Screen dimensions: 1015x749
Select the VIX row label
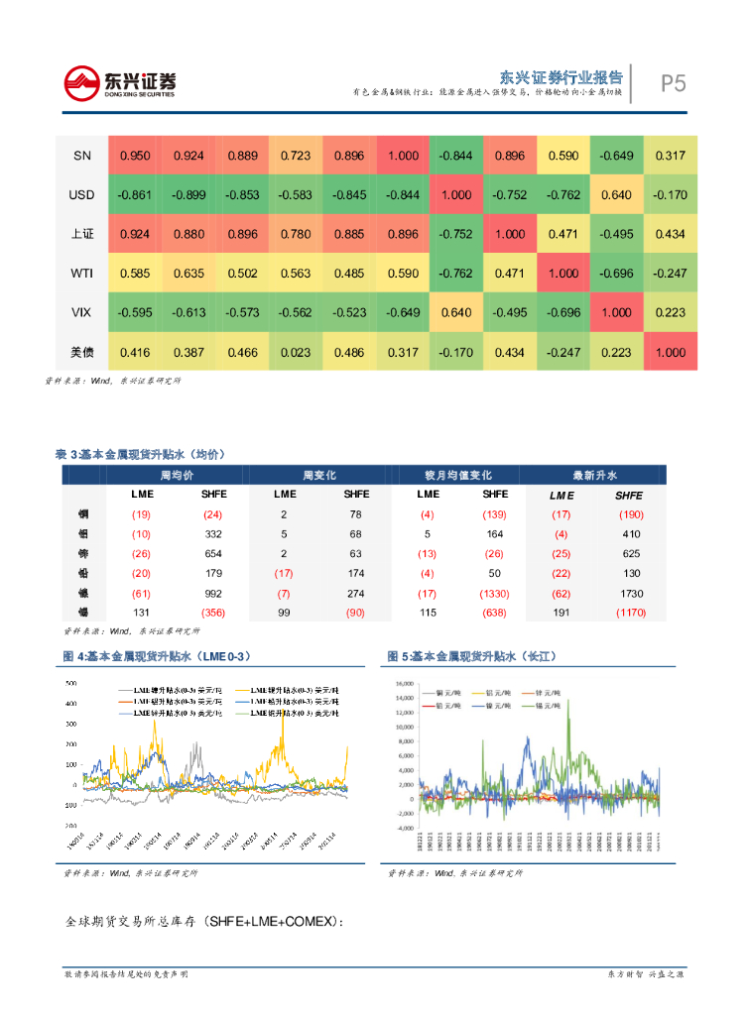[81, 312]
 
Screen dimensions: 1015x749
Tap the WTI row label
[81, 273]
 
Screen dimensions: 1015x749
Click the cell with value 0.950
[135, 156]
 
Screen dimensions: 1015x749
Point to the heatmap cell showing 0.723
[296, 156]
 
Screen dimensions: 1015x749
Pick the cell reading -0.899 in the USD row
[188, 195]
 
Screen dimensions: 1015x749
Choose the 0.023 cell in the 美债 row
[296, 352]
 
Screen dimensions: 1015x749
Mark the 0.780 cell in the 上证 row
[296, 234]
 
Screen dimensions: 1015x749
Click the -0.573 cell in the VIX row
[242, 312]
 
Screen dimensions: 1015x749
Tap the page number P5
[674, 83]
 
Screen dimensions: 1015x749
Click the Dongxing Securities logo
[119, 82]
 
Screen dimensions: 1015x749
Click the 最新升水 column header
[594, 476]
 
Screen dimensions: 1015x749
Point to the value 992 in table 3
[213, 594]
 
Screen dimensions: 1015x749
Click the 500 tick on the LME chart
[69, 684]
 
